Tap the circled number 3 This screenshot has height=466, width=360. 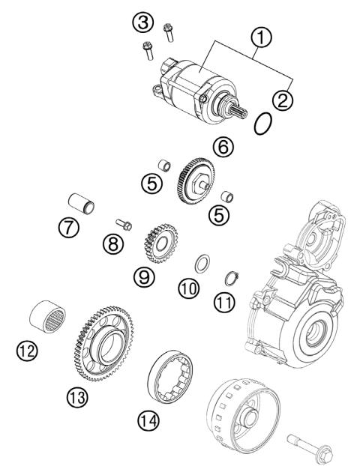140,23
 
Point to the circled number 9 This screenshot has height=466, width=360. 145,277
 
